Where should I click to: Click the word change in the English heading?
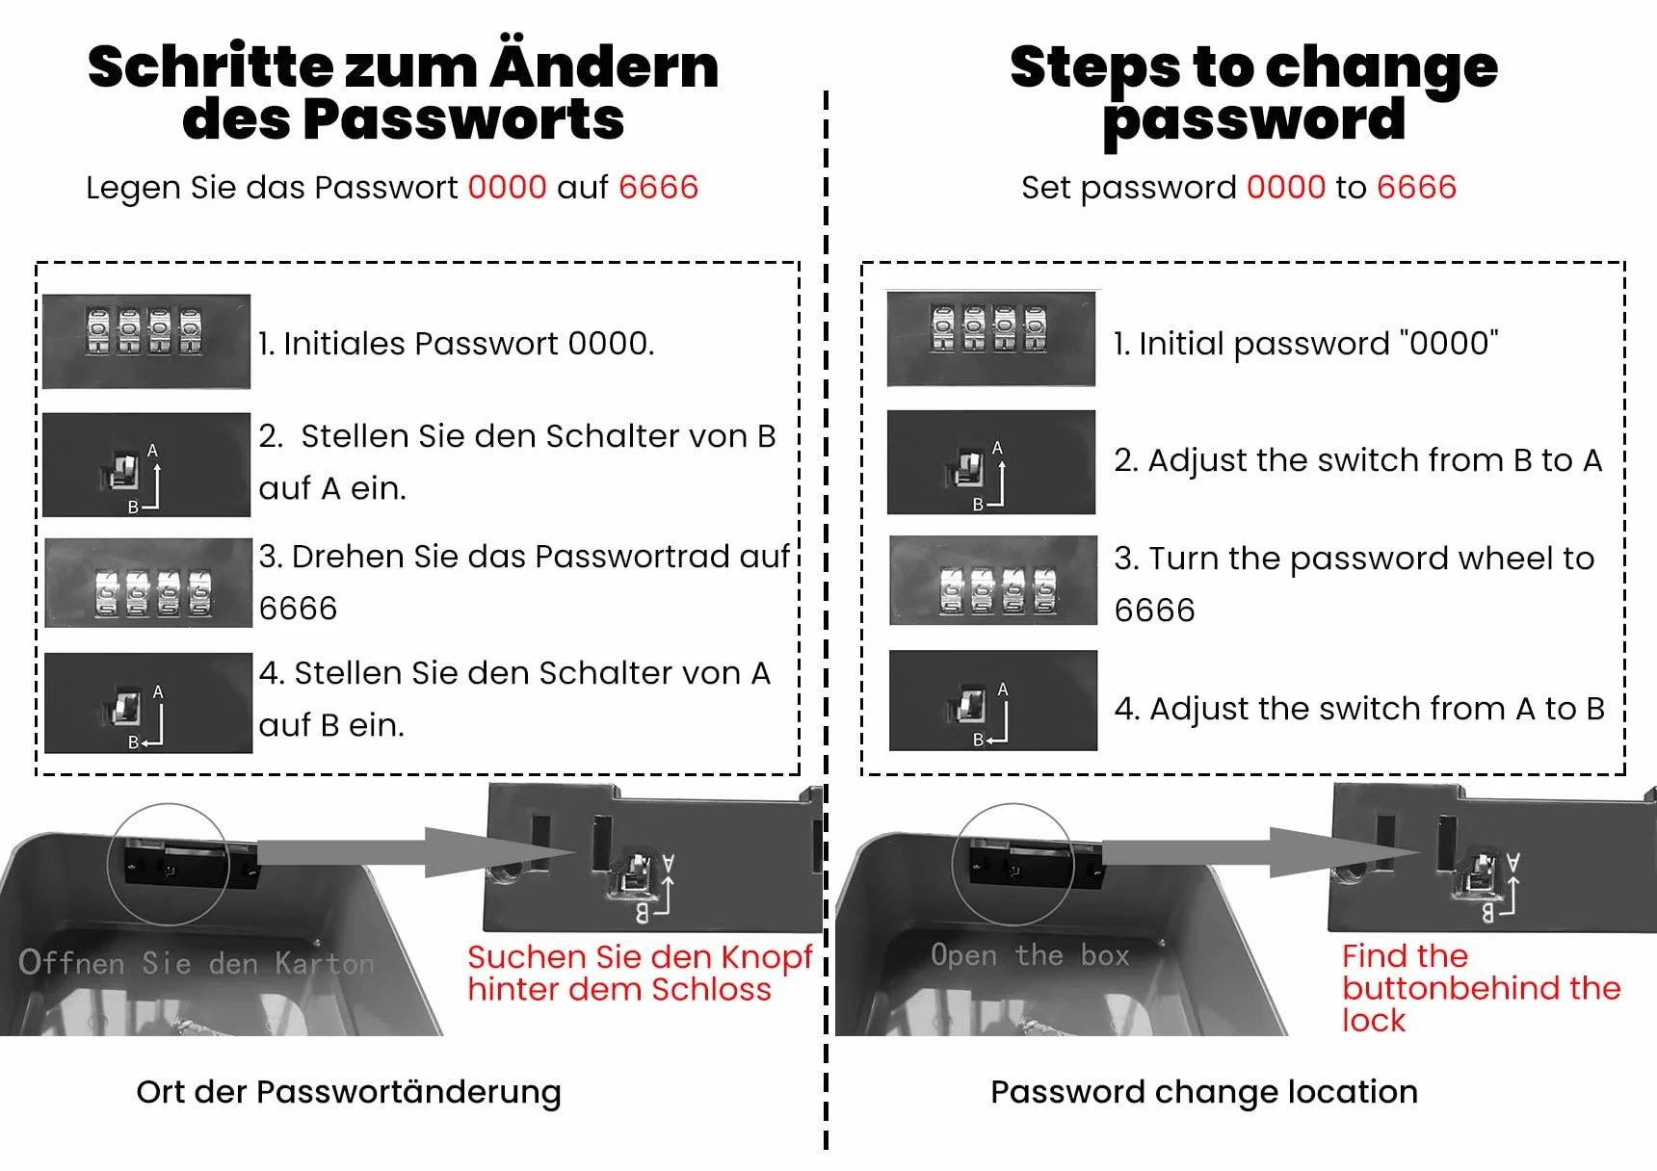pos(1381,69)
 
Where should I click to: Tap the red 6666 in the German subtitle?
pos(658,187)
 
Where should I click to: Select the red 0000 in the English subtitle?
pos(1286,187)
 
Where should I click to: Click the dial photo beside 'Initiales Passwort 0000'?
pos(146,341)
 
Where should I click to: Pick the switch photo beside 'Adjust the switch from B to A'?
pos(991,462)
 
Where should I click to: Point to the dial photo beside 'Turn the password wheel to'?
pos(993,580)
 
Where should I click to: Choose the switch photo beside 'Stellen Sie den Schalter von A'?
pos(148,703)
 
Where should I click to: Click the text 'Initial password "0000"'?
pos(1305,343)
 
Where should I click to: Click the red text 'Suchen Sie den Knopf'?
pos(640,957)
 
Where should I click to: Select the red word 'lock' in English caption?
pos(1374,1020)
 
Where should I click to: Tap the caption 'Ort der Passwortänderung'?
pos(349,1092)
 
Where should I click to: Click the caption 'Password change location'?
pos(1204,1092)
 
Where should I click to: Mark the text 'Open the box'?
pos(1029,955)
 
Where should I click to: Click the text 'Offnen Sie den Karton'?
pos(197,962)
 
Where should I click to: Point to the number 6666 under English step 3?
pos(1154,611)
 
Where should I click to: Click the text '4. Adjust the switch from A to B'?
pos(1359,709)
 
